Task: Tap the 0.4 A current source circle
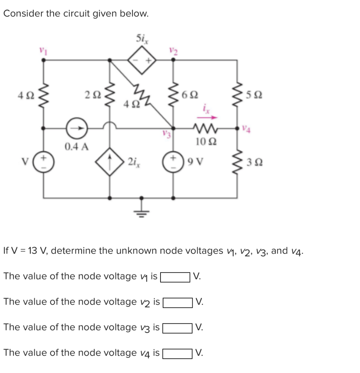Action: coord(77,128)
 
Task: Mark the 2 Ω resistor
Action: coord(109,95)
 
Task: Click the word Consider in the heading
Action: coord(20,14)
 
